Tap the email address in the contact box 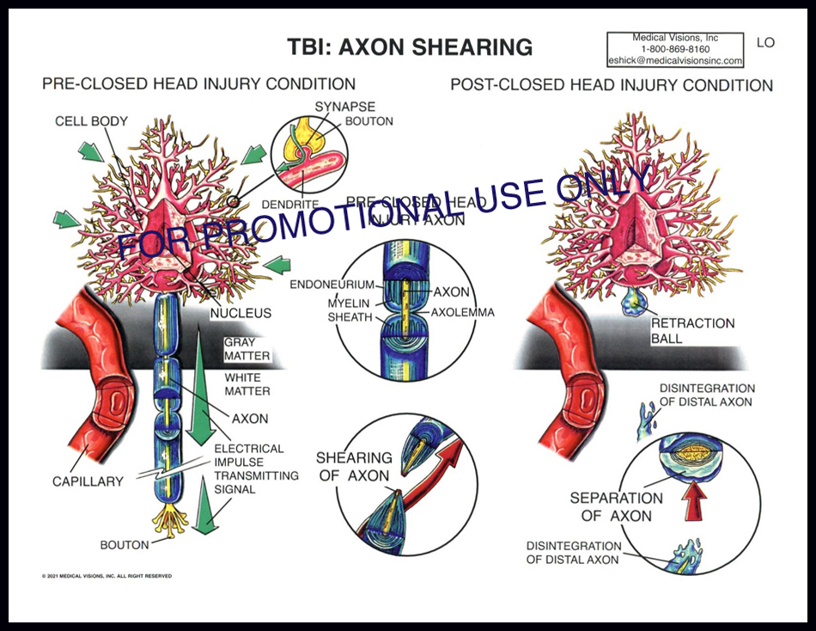click(674, 61)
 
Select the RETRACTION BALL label click(692, 331)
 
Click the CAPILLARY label click(88, 481)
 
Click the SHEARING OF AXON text click(354, 466)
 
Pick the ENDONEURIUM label click(332, 285)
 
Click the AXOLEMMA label click(463, 312)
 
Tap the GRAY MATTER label click(247, 348)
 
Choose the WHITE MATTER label click(247, 384)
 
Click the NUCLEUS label click(241, 314)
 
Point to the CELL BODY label click(91, 121)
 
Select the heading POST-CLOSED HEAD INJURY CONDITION click(612, 85)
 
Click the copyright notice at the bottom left click(107, 575)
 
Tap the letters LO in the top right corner click(765, 42)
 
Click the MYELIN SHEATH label click(349, 309)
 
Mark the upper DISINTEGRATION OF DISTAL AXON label click(707, 395)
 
